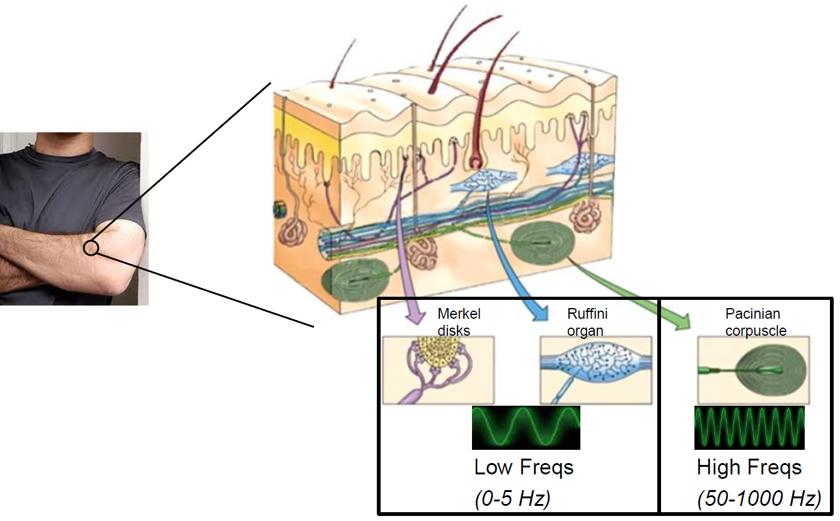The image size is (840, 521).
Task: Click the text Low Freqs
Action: pos(524,467)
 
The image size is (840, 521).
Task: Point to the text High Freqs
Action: pos(749,467)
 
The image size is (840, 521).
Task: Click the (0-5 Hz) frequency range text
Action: pos(512,498)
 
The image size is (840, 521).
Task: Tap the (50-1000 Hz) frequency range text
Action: pos(759,499)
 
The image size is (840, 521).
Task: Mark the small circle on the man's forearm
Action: pos(91,248)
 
